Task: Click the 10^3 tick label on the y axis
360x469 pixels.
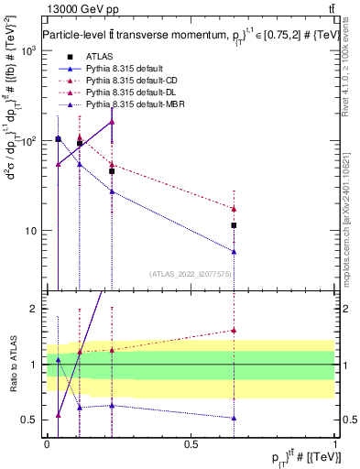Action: [x=27, y=52]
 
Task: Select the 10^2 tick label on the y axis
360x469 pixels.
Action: [x=27, y=141]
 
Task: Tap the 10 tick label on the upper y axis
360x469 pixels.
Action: [x=30, y=231]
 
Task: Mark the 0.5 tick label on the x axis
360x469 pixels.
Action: [x=191, y=444]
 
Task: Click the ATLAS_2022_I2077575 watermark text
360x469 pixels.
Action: [x=191, y=274]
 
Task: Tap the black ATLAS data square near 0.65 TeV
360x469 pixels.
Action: [x=235, y=225]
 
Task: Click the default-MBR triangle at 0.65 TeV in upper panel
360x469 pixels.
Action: [x=235, y=252]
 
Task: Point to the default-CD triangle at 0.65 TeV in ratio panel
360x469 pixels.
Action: [x=235, y=331]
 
